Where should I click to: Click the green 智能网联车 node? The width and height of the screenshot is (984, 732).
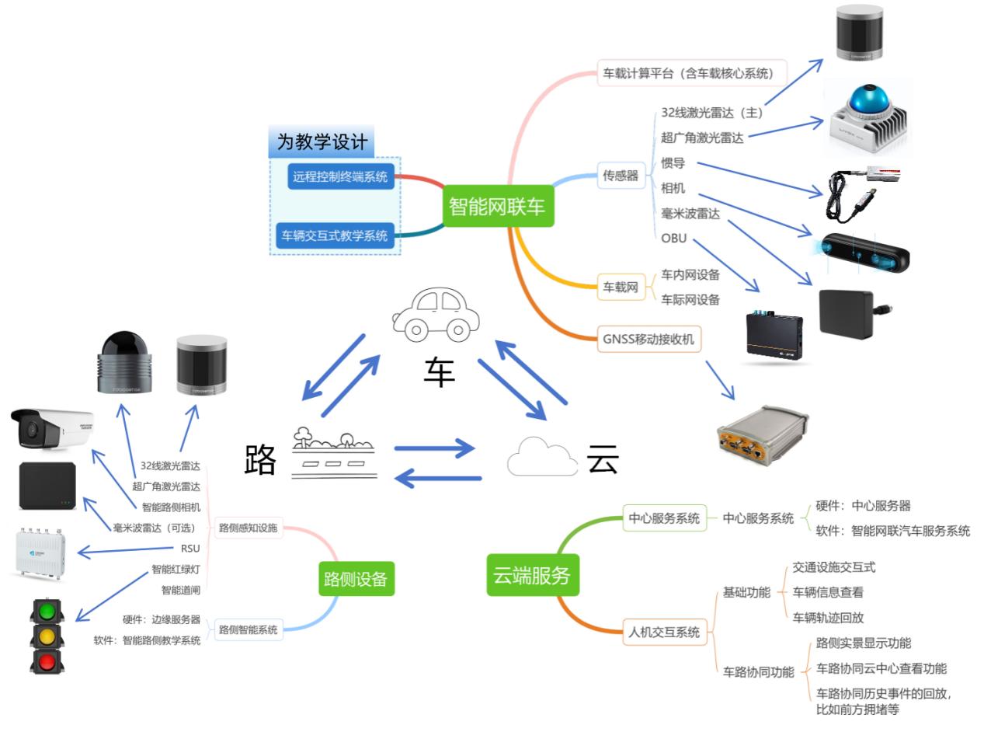click(x=498, y=206)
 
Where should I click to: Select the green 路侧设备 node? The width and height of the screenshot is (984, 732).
click(x=356, y=578)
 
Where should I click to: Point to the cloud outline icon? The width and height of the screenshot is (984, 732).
click(x=542, y=457)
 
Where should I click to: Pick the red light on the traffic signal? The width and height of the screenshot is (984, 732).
click(x=47, y=661)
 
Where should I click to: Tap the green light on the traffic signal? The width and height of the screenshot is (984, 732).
click(x=47, y=610)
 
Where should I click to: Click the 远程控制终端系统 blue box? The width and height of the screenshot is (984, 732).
click(x=340, y=176)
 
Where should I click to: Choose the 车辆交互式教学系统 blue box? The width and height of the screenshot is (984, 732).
click(x=335, y=235)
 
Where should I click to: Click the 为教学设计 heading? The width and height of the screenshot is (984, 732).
click(x=322, y=143)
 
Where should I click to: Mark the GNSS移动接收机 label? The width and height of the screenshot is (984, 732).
click(x=649, y=339)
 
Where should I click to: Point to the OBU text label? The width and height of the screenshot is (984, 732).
click(x=674, y=239)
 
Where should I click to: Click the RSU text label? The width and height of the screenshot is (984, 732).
click(x=189, y=549)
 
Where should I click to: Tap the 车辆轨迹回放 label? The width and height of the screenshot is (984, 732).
click(x=828, y=617)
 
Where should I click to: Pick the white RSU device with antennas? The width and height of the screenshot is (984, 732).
click(x=44, y=552)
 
